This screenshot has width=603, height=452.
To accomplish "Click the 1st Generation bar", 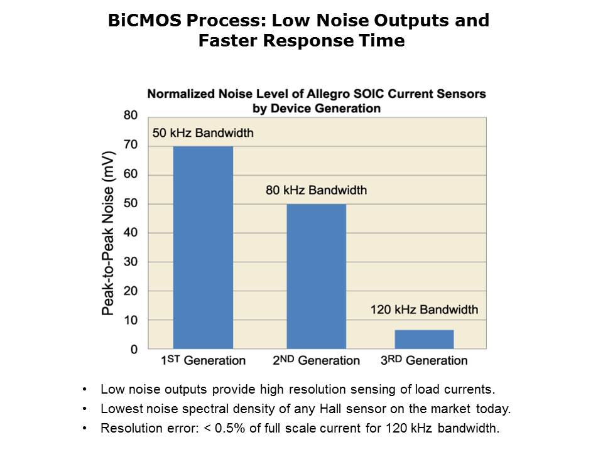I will (x=202, y=247).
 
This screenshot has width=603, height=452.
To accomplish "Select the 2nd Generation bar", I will (x=316, y=276).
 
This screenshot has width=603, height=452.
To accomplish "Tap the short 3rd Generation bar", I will (x=424, y=339).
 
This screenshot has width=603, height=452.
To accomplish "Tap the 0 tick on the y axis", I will (x=133, y=349).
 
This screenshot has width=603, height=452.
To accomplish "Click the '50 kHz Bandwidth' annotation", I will (x=203, y=133).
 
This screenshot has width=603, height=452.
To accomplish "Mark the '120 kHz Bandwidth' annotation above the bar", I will (x=424, y=309).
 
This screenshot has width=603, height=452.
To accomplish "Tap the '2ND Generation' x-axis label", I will (x=315, y=360).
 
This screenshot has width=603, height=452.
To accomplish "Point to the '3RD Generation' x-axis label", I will (x=424, y=360).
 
